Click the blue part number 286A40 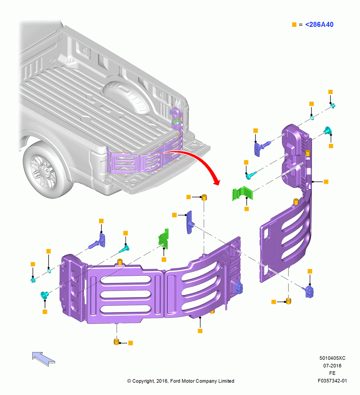(319, 24)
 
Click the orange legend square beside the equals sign (294, 24)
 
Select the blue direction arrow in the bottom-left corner (43, 359)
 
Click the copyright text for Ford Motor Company (180, 381)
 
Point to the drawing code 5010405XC (332, 358)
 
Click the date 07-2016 (332, 365)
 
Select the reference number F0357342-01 (332, 381)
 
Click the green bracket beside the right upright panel (242, 194)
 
